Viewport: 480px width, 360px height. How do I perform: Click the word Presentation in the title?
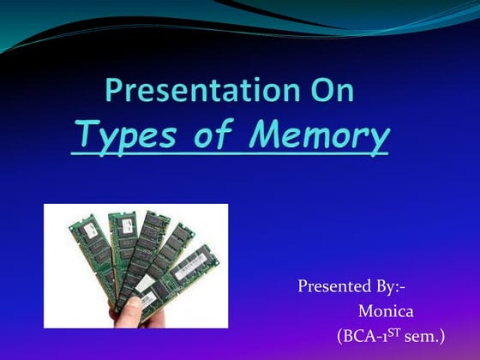(x=202, y=90)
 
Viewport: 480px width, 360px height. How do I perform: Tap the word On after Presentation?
(x=333, y=90)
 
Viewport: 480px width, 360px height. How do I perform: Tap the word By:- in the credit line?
(x=389, y=287)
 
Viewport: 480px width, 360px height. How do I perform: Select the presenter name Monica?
(x=386, y=312)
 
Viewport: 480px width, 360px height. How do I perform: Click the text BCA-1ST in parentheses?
(x=369, y=336)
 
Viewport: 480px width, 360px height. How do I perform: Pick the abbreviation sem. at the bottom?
(x=424, y=337)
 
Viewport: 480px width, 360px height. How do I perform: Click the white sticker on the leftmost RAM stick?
(x=91, y=230)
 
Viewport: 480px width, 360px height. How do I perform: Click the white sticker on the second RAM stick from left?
(x=127, y=225)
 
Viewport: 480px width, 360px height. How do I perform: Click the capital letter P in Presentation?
(x=114, y=89)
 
